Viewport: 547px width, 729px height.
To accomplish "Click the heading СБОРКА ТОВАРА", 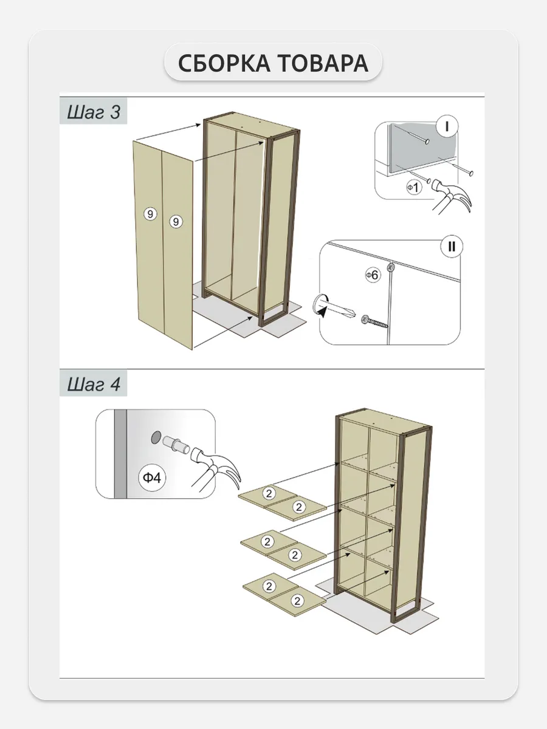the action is (273, 63).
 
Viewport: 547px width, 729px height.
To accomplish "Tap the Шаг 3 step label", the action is (94, 112).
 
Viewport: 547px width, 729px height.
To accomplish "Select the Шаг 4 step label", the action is (94, 385).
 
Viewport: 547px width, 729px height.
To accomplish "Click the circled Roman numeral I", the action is (447, 126).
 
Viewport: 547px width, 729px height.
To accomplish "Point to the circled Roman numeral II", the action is (452, 247).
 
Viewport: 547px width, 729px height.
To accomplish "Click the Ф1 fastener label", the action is (414, 188).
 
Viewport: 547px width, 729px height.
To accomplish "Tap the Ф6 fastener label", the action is (373, 275).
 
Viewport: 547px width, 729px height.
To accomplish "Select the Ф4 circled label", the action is (152, 478).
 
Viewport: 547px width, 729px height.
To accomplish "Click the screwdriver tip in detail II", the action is (353, 313).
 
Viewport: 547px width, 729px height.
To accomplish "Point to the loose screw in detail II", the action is (374, 321).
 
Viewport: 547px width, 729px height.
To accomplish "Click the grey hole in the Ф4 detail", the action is (156, 438).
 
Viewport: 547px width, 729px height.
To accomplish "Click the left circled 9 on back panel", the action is (150, 214).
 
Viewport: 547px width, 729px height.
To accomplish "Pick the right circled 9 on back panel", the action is (176, 222).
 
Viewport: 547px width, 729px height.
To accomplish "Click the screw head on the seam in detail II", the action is (391, 267).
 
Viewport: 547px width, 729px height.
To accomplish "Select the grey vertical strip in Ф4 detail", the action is (120, 454).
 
